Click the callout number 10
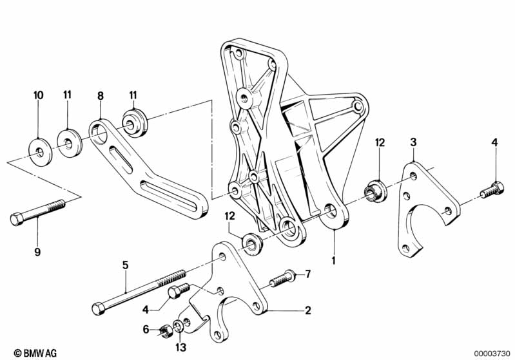click(39, 95)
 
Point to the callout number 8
click(100, 95)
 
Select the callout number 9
click(37, 252)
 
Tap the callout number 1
click(335, 261)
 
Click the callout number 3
click(414, 141)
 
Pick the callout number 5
click(126, 264)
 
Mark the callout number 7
click(308, 274)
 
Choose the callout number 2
click(308, 310)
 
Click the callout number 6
click(146, 329)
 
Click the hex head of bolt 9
click(17, 219)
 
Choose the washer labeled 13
click(179, 332)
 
